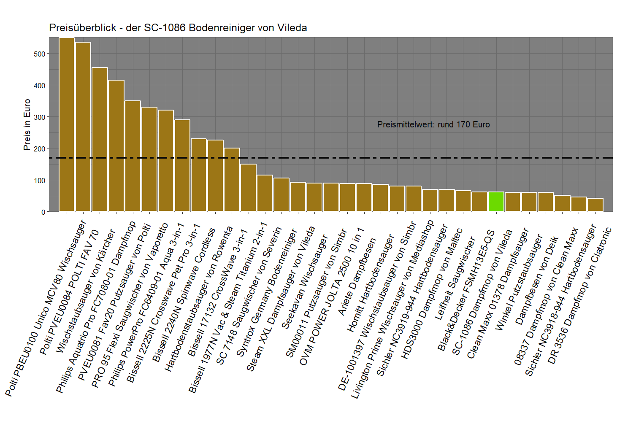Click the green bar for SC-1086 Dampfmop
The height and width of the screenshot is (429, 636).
[x=496, y=202]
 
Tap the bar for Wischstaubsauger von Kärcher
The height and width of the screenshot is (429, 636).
[x=100, y=139]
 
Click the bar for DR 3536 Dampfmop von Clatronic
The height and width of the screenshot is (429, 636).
[x=595, y=205]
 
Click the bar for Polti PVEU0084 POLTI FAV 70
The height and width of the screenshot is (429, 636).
[x=83, y=127]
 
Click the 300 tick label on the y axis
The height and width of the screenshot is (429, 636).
[x=40, y=117]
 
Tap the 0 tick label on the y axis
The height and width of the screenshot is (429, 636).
[x=43, y=212]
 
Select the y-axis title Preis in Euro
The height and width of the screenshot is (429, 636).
[x=27, y=124]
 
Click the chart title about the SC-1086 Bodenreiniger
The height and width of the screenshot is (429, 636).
[x=178, y=28]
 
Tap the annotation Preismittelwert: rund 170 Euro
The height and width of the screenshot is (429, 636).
[x=433, y=124]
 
